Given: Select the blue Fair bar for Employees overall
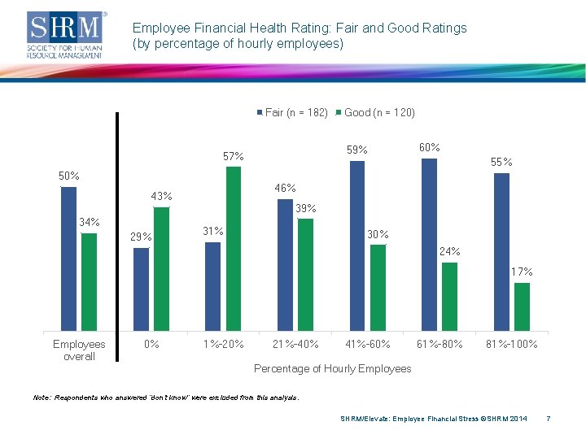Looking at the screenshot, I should [69, 259].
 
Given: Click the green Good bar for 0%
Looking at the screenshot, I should [161, 269].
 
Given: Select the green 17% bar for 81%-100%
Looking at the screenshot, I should [522, 306].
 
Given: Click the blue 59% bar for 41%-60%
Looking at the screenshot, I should [357, 246].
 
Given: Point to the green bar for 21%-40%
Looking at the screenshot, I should [305, 275].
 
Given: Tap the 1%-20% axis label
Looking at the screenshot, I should [224, 344].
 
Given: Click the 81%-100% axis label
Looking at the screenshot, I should [511, 344].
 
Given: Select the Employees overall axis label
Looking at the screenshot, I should [79, 350].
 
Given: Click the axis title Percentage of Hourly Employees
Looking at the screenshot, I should [333, 368].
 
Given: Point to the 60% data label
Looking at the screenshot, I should [429, 147].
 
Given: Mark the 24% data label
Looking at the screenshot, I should [449, 251].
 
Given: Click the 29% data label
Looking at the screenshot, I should [142, 237].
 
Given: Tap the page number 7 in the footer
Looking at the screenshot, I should [549, 419].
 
